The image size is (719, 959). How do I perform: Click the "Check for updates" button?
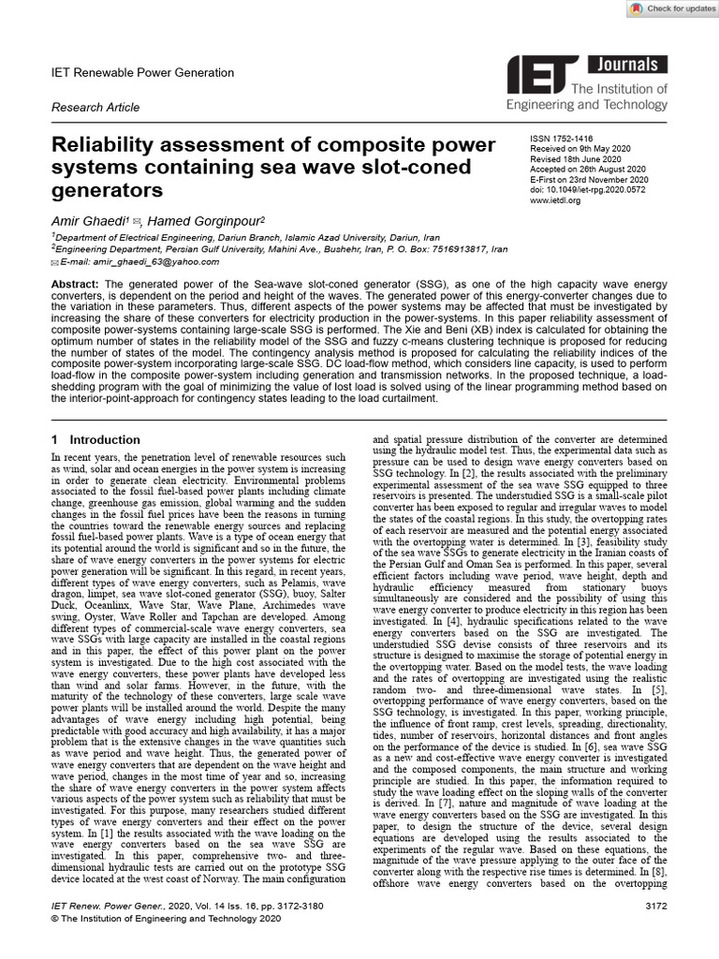pos(666,8)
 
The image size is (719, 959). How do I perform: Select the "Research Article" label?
pos(95,108)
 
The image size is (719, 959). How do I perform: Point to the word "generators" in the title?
pos(107,191)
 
